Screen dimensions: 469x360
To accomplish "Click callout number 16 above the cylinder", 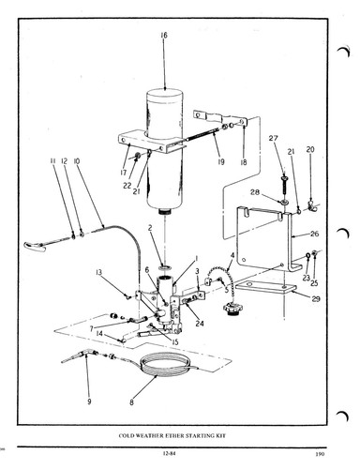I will [164, 36].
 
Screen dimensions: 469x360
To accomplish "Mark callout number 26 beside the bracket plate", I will [315, 234].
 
